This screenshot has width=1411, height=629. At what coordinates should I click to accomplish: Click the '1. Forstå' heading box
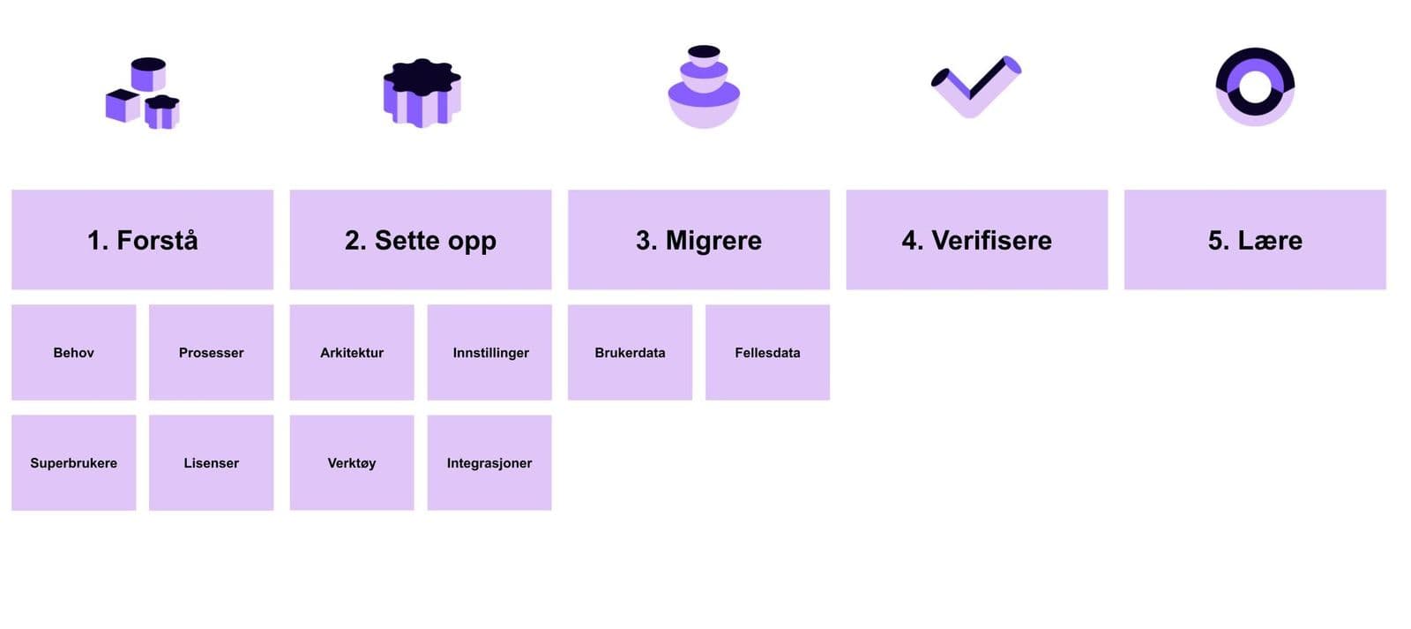coord(142,240)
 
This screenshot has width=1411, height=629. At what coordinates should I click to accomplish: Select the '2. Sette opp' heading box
coord(421,240)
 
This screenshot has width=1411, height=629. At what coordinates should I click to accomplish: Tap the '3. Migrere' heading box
coord(698,240)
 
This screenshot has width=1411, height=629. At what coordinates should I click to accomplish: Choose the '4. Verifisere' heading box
coord(976,240)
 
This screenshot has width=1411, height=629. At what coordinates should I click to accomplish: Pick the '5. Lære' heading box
coord(1255,240)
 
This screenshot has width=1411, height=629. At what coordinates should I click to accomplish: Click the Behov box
coord(73,352)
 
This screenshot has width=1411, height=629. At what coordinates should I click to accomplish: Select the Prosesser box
coord(211,352)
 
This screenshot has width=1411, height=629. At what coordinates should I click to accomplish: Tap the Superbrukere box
coord(73,462)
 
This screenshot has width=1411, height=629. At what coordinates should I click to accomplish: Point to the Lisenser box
coord(211,462)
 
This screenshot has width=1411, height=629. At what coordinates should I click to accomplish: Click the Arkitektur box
coord(352,352)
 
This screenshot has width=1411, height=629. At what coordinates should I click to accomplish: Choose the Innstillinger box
coord(489,352)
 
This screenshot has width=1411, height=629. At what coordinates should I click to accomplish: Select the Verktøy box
coord(352,462)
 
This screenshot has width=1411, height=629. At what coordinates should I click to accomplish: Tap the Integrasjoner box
coord(489,462)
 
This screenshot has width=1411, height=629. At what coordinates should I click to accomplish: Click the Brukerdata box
coord(630,352)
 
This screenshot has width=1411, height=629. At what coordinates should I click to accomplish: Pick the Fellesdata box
coord(767,352)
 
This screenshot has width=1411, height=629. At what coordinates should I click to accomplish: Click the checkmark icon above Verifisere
coord(975,86)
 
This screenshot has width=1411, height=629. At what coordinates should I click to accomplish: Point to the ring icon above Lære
coord(1255,86)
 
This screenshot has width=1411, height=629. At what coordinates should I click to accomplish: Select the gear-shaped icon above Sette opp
coord(422,93)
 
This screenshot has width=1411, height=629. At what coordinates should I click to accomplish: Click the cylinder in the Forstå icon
coord(148,73)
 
